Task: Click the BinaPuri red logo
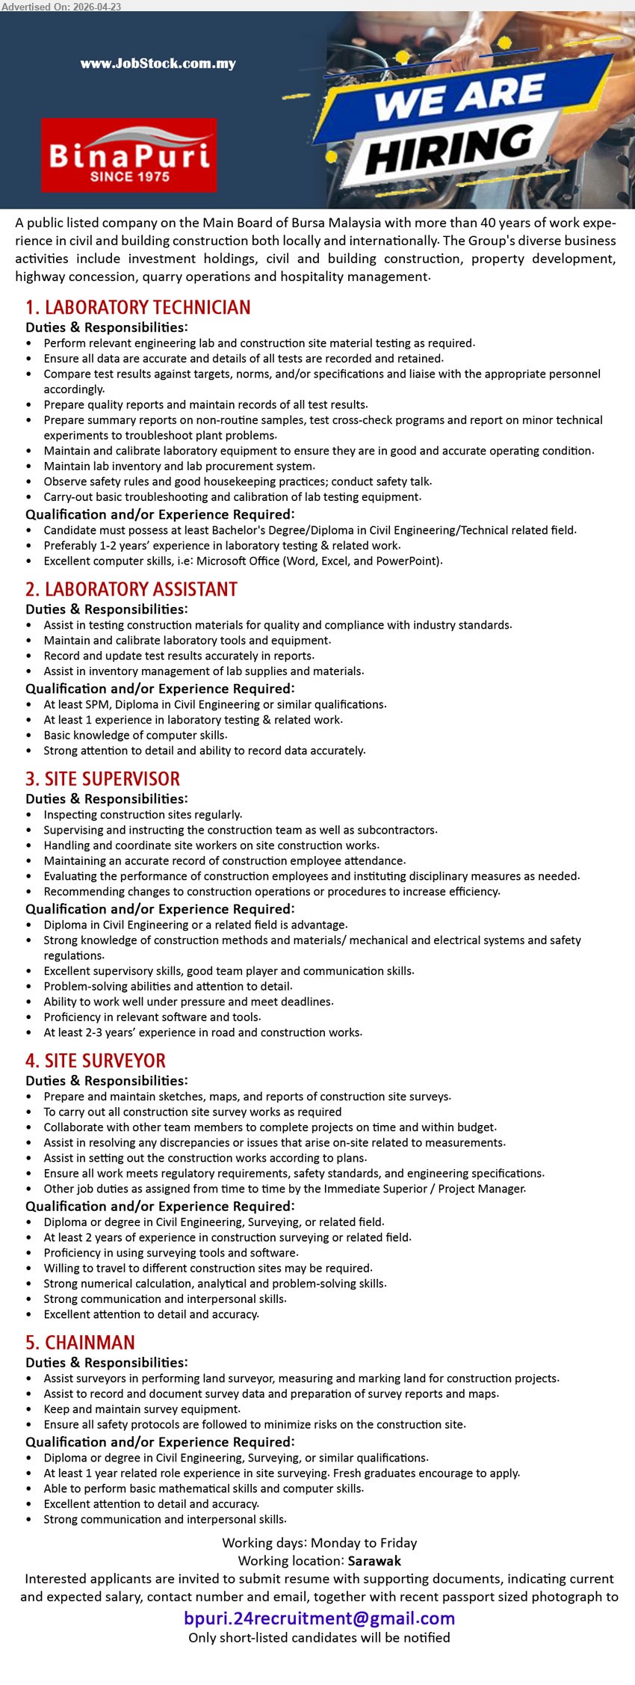tap(129, 155)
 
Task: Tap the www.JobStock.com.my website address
tap(158, 64)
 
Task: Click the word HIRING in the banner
tap(449, 149)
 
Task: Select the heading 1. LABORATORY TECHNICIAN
tap(138, 307)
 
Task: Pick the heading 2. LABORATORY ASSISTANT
tap(131, 589)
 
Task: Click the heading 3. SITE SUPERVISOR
tap(103, 778)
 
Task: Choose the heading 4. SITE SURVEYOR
tap(96, 1060)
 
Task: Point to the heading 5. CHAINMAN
tap(81, 1342)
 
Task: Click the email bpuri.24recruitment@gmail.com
tap(319, 1618)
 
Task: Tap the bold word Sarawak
tap(374, 1561)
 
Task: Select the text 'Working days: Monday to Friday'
tap(319, 1542)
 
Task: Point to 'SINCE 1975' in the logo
tap(130, 177)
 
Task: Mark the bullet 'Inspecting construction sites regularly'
tap(143, 814)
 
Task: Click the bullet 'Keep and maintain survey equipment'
tap(142, 1409)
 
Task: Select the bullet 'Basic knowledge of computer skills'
tap(135, 735)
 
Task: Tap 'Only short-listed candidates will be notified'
tap(319, 1638)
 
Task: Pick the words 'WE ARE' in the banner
tap(459, 96)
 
